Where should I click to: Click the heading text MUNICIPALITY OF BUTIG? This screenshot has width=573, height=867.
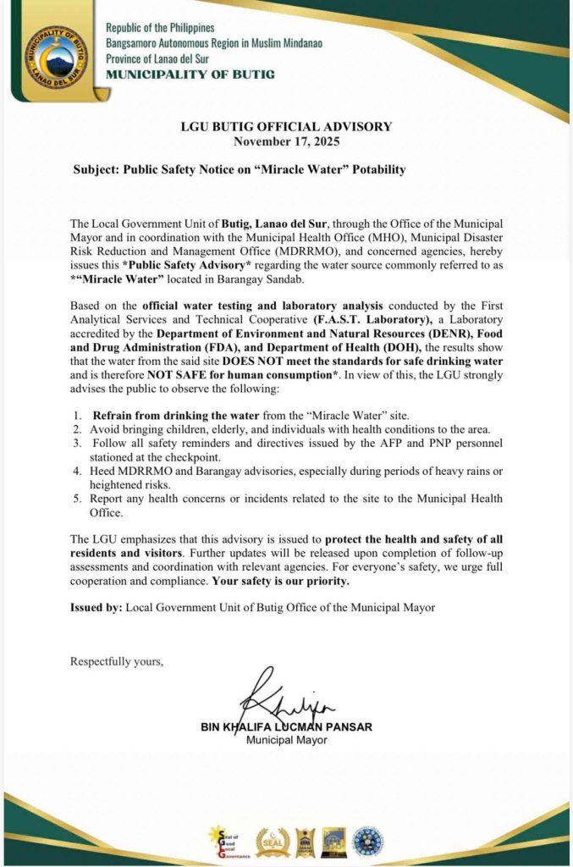click(190, 74)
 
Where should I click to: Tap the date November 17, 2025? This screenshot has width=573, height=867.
click(286, 141)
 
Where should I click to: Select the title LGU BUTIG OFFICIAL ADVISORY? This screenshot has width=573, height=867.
click(286, 127)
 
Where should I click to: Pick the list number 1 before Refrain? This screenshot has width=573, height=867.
click(76, 415)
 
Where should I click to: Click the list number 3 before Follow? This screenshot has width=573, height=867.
click(76, 442)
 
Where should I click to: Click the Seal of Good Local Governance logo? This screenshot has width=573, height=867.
click(224, 842)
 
